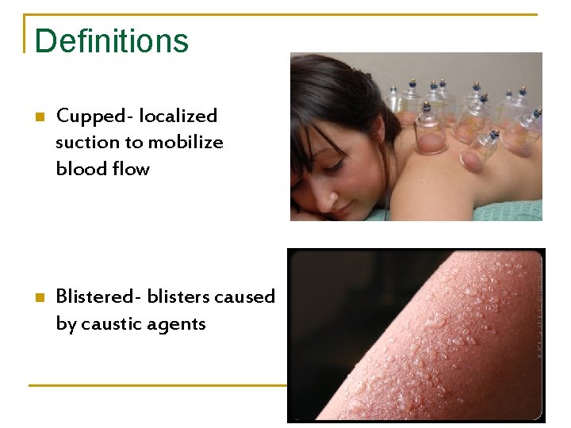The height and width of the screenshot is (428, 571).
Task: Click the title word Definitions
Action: (112, 41)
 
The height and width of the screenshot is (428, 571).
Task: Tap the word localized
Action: (178, 117)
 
